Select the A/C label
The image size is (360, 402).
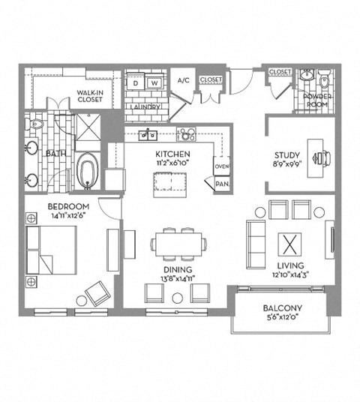183,80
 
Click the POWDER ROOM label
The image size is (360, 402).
316,100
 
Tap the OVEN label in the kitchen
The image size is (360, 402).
222,166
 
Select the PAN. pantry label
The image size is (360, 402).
222,183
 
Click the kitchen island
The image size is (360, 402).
168,184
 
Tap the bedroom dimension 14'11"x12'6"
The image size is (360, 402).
68,216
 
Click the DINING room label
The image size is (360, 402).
176,269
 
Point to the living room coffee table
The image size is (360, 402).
289,245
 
